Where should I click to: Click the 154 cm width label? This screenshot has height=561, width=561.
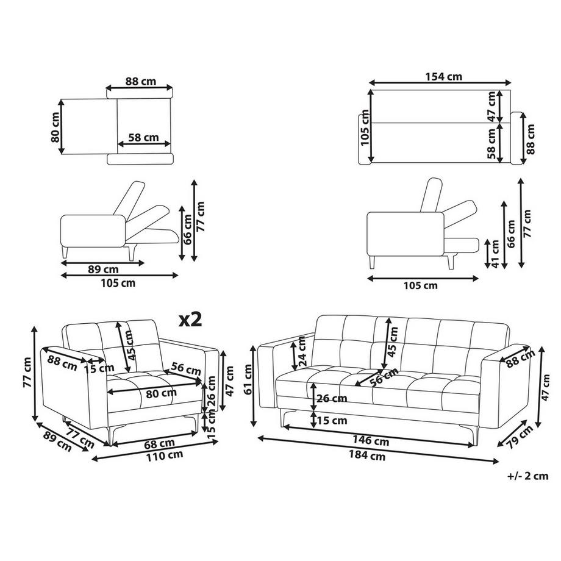pyautogui.click(x=443, y=77)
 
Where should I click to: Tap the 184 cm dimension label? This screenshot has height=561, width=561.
pyautogui.click(x=367, y=456)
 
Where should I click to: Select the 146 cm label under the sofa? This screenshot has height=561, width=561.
pyautogui.click(x=371, y=440)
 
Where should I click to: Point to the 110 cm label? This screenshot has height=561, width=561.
pyautogui.click(x=164, y=456)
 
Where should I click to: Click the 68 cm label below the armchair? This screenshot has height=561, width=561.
pyautogui.click(x=160, y=444)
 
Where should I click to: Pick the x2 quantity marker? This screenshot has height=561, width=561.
pyautogui.click(x=190, y=320)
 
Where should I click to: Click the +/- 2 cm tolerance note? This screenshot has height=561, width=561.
pyautogui.click(x=527, y=476)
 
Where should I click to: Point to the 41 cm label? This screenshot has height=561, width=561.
pyautogui.click(x=495, y=254)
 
